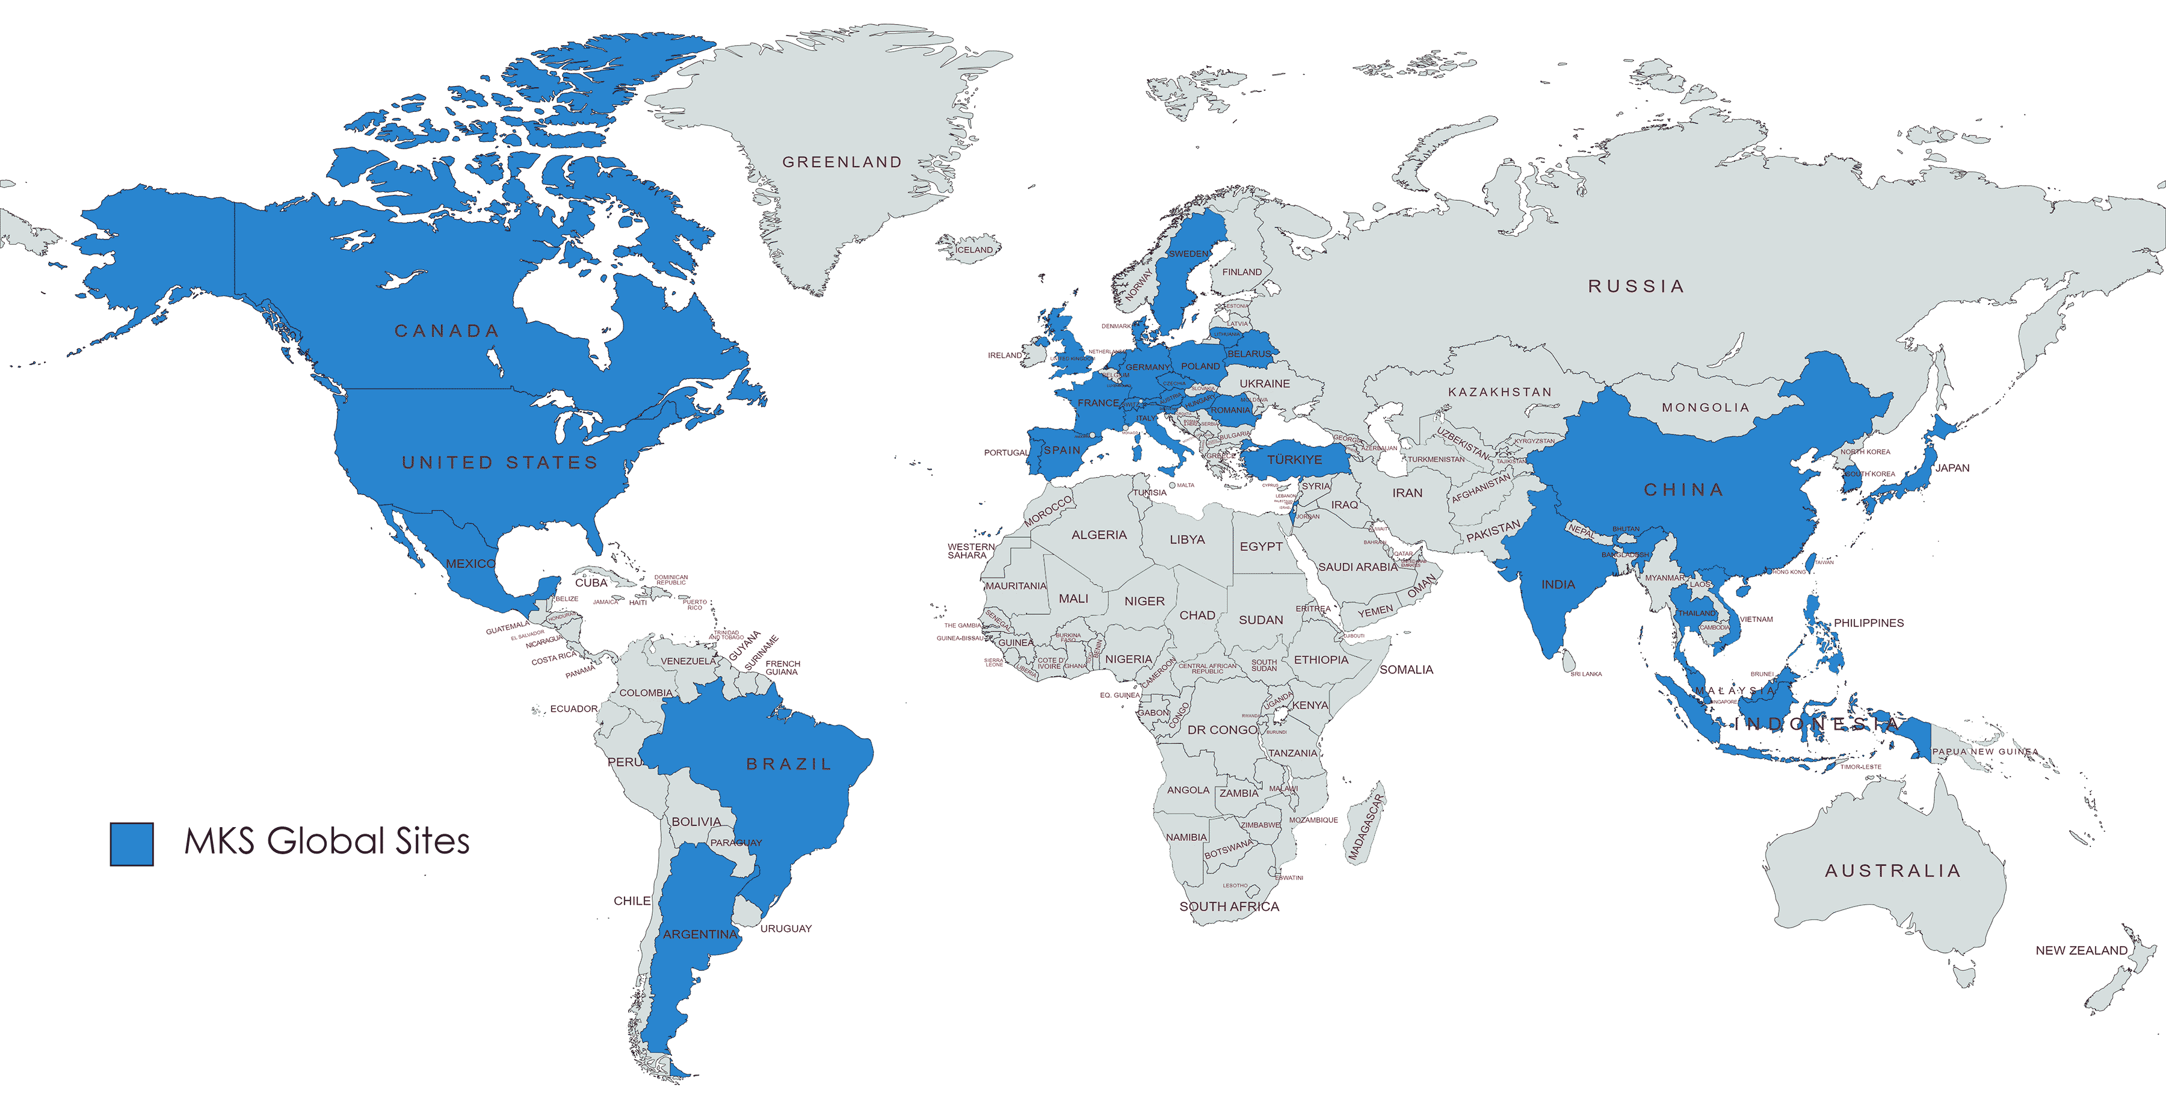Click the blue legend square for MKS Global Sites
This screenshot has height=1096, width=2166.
click(x=132, y=844)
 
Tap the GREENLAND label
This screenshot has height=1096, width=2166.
click(x=842, y=162)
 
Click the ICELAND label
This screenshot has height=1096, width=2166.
click(x=975, y=250)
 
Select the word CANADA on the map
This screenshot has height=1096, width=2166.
click(x=447, y=331)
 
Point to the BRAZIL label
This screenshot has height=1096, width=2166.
click(x=789, y=764)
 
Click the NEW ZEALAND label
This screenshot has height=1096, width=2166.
click(x=2081, y=950)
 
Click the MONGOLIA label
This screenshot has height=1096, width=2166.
click(x=1705, y=408)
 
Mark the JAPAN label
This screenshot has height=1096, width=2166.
click(x=1952, y=468)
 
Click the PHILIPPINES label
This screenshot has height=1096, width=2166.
click(x=1868, y=623)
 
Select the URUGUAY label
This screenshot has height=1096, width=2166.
click(x=786, y=929)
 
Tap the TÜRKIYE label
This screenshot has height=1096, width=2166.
click(x=1295, y=460)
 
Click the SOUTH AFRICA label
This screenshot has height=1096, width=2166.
click(x=1229, y=907)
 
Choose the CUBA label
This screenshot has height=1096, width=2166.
click(x=591, y=582)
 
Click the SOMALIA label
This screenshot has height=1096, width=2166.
click(x=1406, y=670)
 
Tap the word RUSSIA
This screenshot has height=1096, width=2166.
click(x=1635, y=286)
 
